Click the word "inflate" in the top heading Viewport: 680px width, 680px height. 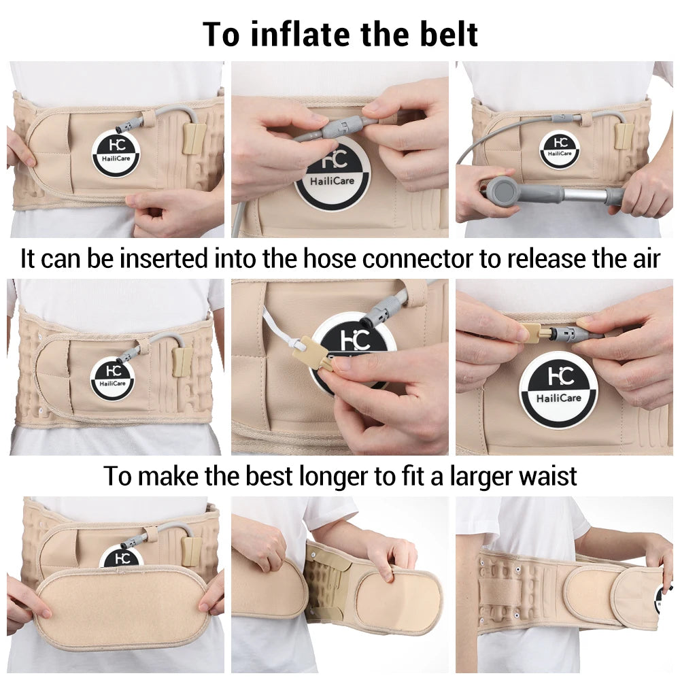coord(300,34)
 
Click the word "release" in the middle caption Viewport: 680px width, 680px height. coord(547,259)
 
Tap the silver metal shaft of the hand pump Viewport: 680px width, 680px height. coord(583,194)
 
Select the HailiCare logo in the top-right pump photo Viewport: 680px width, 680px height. coord(560,149)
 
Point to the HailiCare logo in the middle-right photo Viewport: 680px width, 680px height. coord(558,391)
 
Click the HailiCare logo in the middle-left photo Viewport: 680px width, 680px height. coord(113,378)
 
